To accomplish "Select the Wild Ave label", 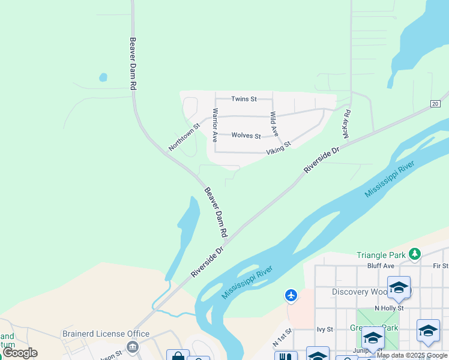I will pos(274,123).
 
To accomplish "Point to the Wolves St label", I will pos(246,136).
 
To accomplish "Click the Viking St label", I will pos(279,148).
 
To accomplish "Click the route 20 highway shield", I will pos(435,104).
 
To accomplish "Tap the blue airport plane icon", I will pos(291,295).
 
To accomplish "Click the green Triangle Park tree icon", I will pos(414,254).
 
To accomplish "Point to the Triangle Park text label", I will pos(381,255).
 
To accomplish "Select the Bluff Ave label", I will pos(381,266).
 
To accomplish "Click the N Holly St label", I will pos(388,308).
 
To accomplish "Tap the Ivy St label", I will pos(325,329).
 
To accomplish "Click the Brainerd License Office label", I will pos(106,334).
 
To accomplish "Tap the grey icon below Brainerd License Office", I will pos(133,346).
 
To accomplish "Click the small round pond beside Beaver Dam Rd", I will pos(103,77).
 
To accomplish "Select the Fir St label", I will pos(440,266).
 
